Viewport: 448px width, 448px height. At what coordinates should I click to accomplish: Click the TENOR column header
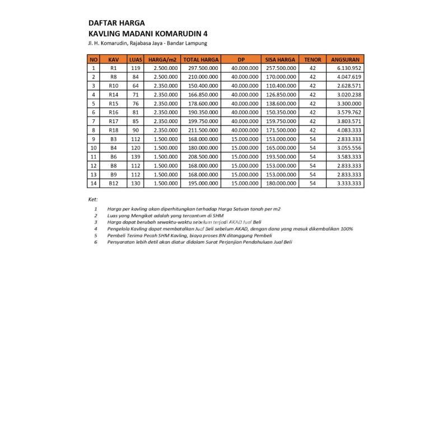(312, 59)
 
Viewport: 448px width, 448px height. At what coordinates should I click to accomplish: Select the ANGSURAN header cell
(344, 59)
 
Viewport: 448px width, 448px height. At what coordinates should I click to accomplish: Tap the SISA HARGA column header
(281, 59)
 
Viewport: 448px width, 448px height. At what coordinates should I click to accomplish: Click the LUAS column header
(136, 59)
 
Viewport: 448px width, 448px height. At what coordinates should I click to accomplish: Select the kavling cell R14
(114, 95)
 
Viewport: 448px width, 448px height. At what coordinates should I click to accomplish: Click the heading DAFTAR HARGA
(116, 23)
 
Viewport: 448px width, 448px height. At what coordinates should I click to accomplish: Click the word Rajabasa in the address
(143, 43)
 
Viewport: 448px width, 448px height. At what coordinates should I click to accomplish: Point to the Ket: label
(93, 199)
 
